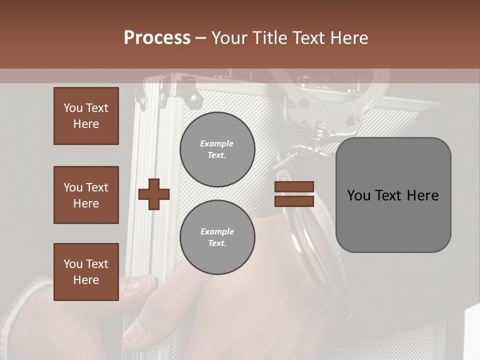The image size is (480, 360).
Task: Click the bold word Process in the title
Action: pos(157,38)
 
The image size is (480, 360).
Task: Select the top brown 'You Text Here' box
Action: pos(86,116)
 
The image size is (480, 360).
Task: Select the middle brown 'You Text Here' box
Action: pos(86,195)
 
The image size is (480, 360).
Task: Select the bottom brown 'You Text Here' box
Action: pos(86,272)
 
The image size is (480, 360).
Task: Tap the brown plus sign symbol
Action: pos(154,194)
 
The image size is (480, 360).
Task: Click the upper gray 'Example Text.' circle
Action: pos(217,149)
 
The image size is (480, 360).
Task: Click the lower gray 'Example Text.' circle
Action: pos(217,237)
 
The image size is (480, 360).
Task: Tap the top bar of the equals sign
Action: pos(294,187)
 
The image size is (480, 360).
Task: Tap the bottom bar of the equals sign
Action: pos(294,201)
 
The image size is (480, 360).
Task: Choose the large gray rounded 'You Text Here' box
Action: pos(393,195)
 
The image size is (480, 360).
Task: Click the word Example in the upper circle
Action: pos(216,143)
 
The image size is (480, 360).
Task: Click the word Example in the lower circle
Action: pos(217,231)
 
